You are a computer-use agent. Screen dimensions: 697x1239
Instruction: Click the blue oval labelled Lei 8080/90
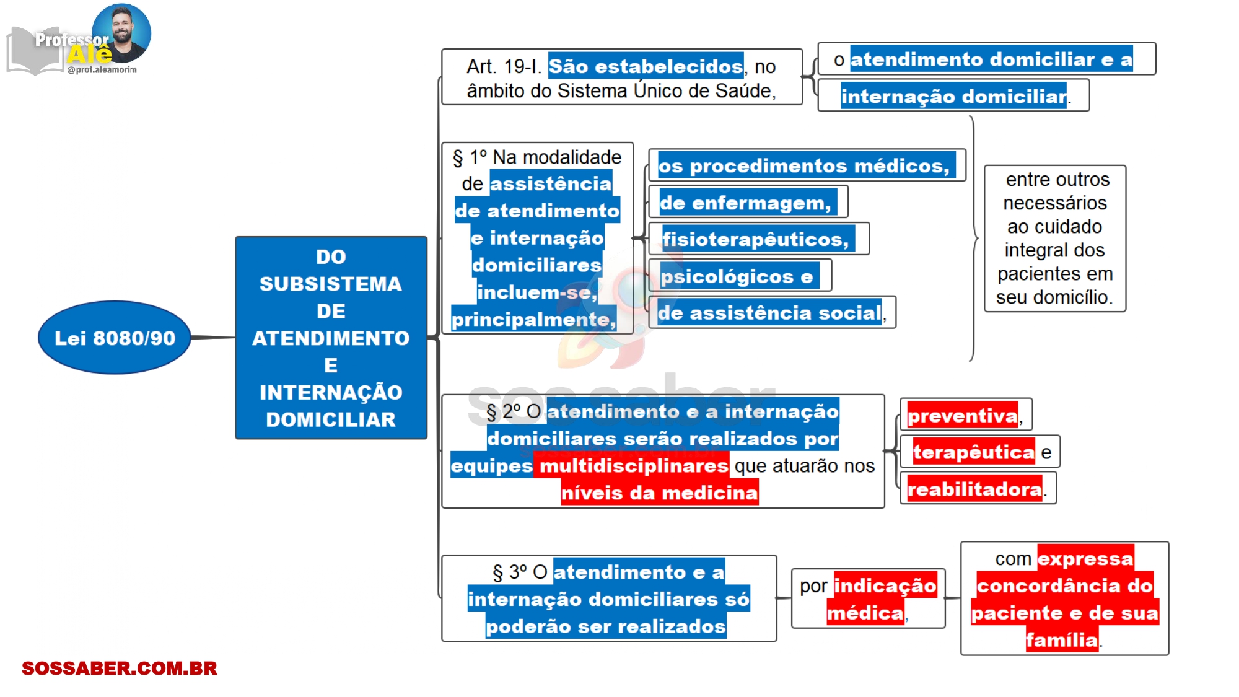pos(115,338)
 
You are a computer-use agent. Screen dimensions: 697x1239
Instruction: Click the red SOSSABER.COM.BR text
pos(120,669)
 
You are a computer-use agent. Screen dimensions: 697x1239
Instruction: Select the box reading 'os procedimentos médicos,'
pos(806,165)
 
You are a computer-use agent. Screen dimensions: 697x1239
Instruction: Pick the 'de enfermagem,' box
pos(747,203)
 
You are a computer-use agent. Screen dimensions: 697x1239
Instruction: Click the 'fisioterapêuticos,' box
pos(758,239)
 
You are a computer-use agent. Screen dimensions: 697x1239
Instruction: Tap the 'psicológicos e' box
pos(738,276)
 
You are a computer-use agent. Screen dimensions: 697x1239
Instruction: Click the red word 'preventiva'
pos(962,416)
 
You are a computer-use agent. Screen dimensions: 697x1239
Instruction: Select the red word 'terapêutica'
pos(973,452)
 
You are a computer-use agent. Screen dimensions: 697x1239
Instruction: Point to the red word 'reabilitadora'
pos(974,489)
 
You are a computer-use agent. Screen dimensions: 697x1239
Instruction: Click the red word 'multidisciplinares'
pos(634,465)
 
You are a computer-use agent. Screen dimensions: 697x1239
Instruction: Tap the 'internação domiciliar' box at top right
pos(953,96)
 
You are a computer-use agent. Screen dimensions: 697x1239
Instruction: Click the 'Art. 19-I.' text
pos(504,66)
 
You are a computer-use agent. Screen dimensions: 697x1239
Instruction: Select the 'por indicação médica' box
pos(868,598)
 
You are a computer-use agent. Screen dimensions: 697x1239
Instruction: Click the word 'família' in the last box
pos(1062,639)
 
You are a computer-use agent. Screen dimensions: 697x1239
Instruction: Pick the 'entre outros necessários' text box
pos(1055,239)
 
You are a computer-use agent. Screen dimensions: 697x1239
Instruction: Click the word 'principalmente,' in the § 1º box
pos(533,319)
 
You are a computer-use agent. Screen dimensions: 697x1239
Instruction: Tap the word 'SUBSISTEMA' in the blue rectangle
pos(331,284)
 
